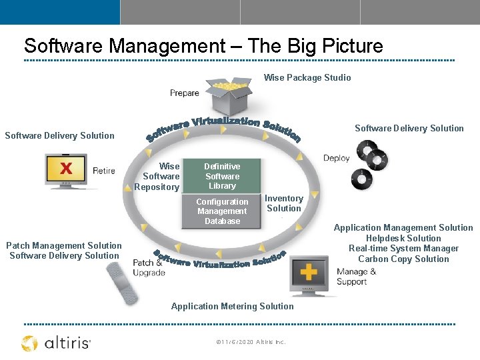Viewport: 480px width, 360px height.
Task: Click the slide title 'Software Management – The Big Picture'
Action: [203, 46]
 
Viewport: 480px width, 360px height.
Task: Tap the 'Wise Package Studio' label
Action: [307, 78]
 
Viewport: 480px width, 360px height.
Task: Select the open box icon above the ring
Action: [229, 97]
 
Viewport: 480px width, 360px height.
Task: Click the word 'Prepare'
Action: [185, 93]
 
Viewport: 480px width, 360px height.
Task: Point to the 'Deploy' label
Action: [336, 158]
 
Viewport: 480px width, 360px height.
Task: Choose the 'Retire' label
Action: [104, 171]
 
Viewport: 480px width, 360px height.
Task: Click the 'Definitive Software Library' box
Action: [222, 176]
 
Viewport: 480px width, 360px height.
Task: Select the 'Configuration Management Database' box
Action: [222, 211]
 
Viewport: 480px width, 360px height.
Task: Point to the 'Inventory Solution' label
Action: [284, 203]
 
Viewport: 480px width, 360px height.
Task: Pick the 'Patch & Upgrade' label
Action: [149, 268]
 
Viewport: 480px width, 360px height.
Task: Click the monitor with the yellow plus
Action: [308, 274]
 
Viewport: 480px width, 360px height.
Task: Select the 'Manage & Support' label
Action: [357, 277]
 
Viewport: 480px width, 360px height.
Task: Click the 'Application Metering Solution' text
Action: [232, 307]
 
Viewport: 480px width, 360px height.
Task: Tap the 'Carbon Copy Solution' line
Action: [403, 259]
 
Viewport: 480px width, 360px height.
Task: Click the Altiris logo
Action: [56, 343]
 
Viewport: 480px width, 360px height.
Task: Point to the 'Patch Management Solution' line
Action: [64, 245]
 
